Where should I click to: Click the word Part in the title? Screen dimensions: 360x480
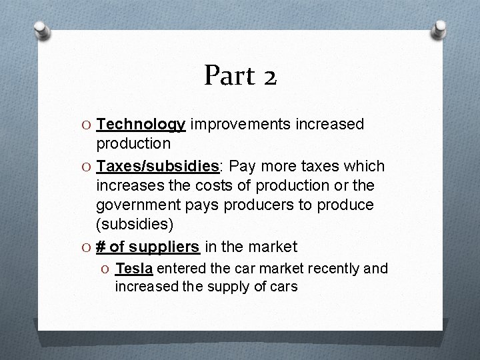227,76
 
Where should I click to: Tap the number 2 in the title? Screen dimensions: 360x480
269,77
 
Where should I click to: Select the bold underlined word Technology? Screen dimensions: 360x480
141,125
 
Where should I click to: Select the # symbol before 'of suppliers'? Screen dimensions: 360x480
101,247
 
